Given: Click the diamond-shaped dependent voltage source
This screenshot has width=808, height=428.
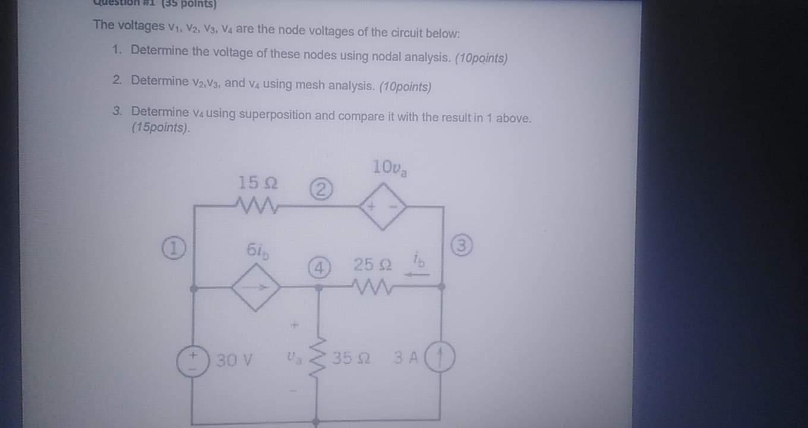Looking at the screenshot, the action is pos(382,207).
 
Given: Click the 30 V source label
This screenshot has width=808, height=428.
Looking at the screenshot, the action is pos(235,360).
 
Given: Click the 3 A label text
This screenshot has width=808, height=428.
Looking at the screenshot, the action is pos(406,358).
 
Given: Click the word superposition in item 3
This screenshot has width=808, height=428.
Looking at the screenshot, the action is pos(274,115).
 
